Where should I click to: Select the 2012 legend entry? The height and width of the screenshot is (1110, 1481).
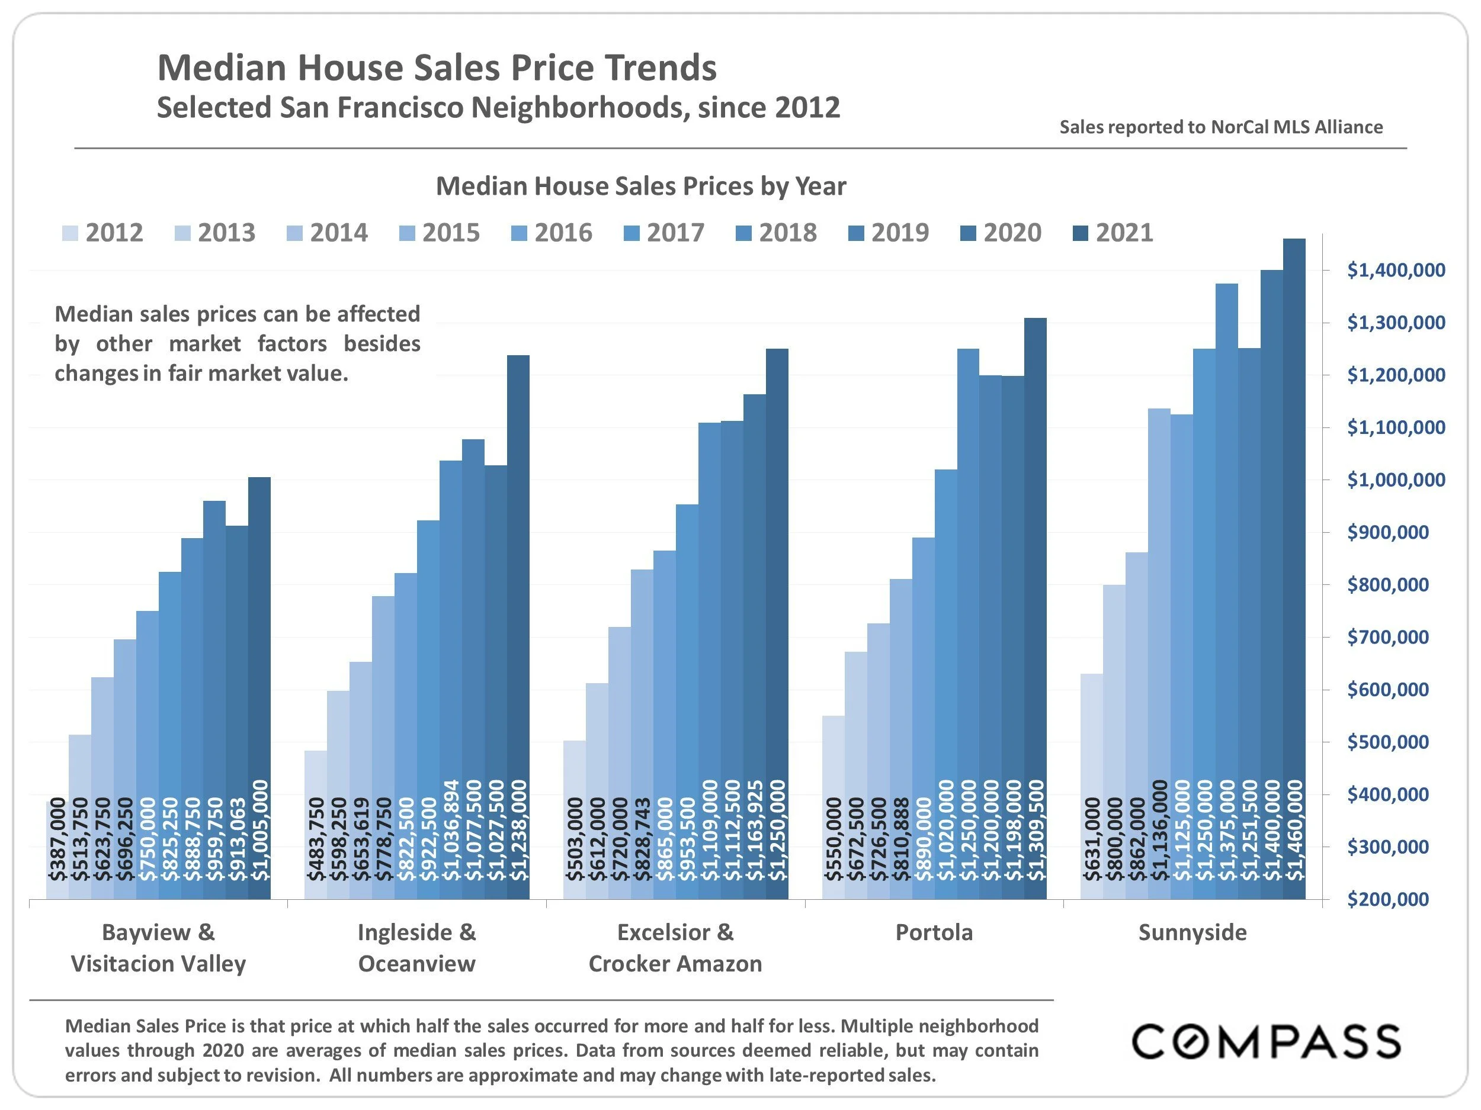[103, 233]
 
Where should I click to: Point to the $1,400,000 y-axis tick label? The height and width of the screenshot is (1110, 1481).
[1396, 271]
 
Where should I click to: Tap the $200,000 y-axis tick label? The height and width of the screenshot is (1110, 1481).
[1396, 899]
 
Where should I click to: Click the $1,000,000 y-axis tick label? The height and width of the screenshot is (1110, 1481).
[1396, 480]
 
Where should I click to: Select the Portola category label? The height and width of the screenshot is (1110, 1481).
[934, 932]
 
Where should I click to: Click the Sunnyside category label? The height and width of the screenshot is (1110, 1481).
[1193, 932]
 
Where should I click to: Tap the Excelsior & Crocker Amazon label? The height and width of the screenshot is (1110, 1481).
[675, 947]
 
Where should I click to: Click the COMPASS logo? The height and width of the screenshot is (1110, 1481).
[1265, 1041]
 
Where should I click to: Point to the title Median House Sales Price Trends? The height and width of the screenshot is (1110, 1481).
[437, 67]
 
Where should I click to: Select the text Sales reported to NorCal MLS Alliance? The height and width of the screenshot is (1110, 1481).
[1220, 127]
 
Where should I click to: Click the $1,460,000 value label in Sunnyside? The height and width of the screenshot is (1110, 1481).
[1296, 829]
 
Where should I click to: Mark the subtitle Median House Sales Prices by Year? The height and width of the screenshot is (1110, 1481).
[641, 186]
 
